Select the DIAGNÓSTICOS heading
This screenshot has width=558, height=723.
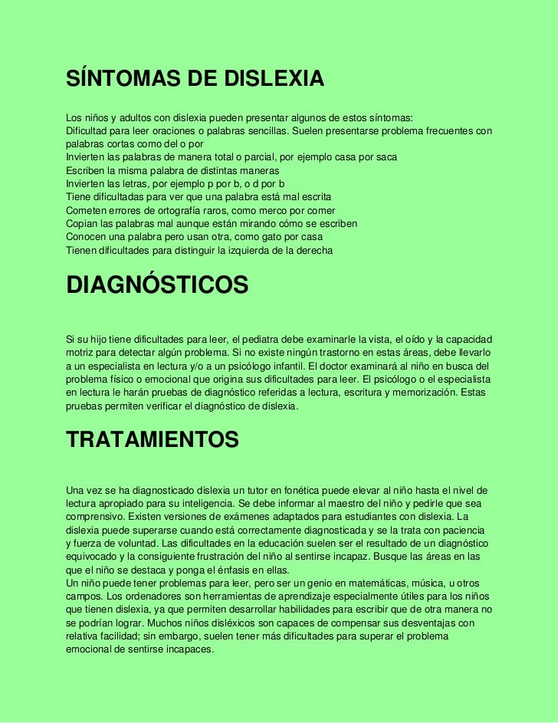coord(157,284)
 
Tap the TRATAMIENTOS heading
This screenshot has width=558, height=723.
coord(153,439)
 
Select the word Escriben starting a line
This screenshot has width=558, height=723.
coord(87,170)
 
